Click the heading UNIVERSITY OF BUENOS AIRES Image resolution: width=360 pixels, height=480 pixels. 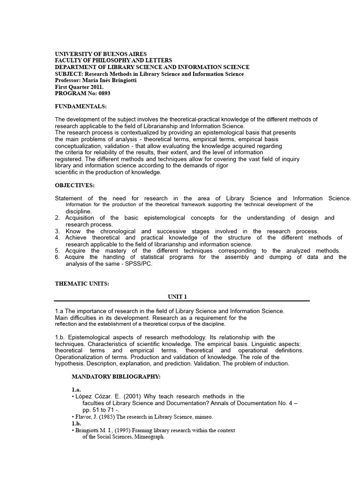(x=101, y=54)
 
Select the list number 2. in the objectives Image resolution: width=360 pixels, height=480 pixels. (x=57, y=217)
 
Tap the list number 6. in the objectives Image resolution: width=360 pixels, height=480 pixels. (x=57, y=257)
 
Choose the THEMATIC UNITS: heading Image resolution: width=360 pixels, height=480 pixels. (x=82, y=283)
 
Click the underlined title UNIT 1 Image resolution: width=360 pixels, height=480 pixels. (x=178, y=296)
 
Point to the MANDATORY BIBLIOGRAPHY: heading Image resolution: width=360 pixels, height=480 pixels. (x=116, y=376)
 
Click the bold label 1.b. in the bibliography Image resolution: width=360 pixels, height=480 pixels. (x=76, y=423)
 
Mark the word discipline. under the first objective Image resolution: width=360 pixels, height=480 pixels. (x=79, y=211)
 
